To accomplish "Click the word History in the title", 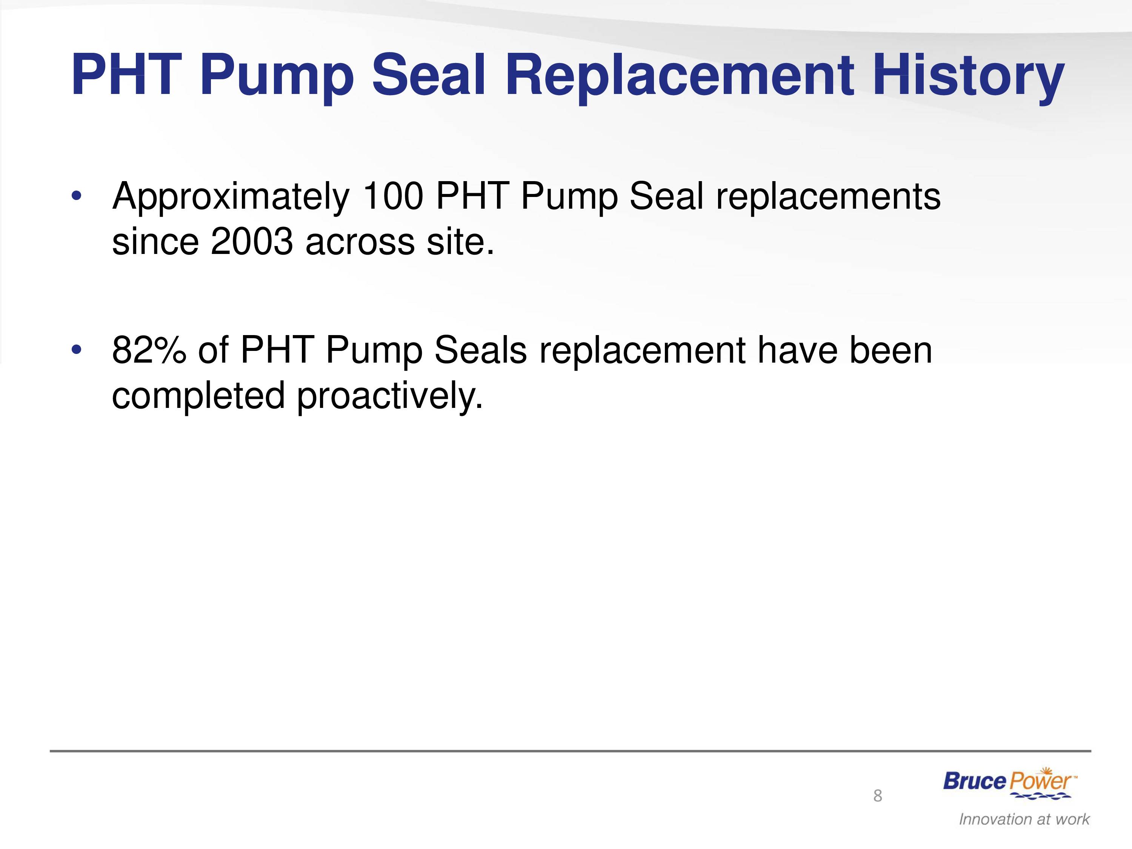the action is coord(968,76).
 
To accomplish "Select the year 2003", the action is coord(252,241).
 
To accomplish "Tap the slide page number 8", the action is coord(878,795).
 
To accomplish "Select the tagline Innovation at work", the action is coord(1024,819).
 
